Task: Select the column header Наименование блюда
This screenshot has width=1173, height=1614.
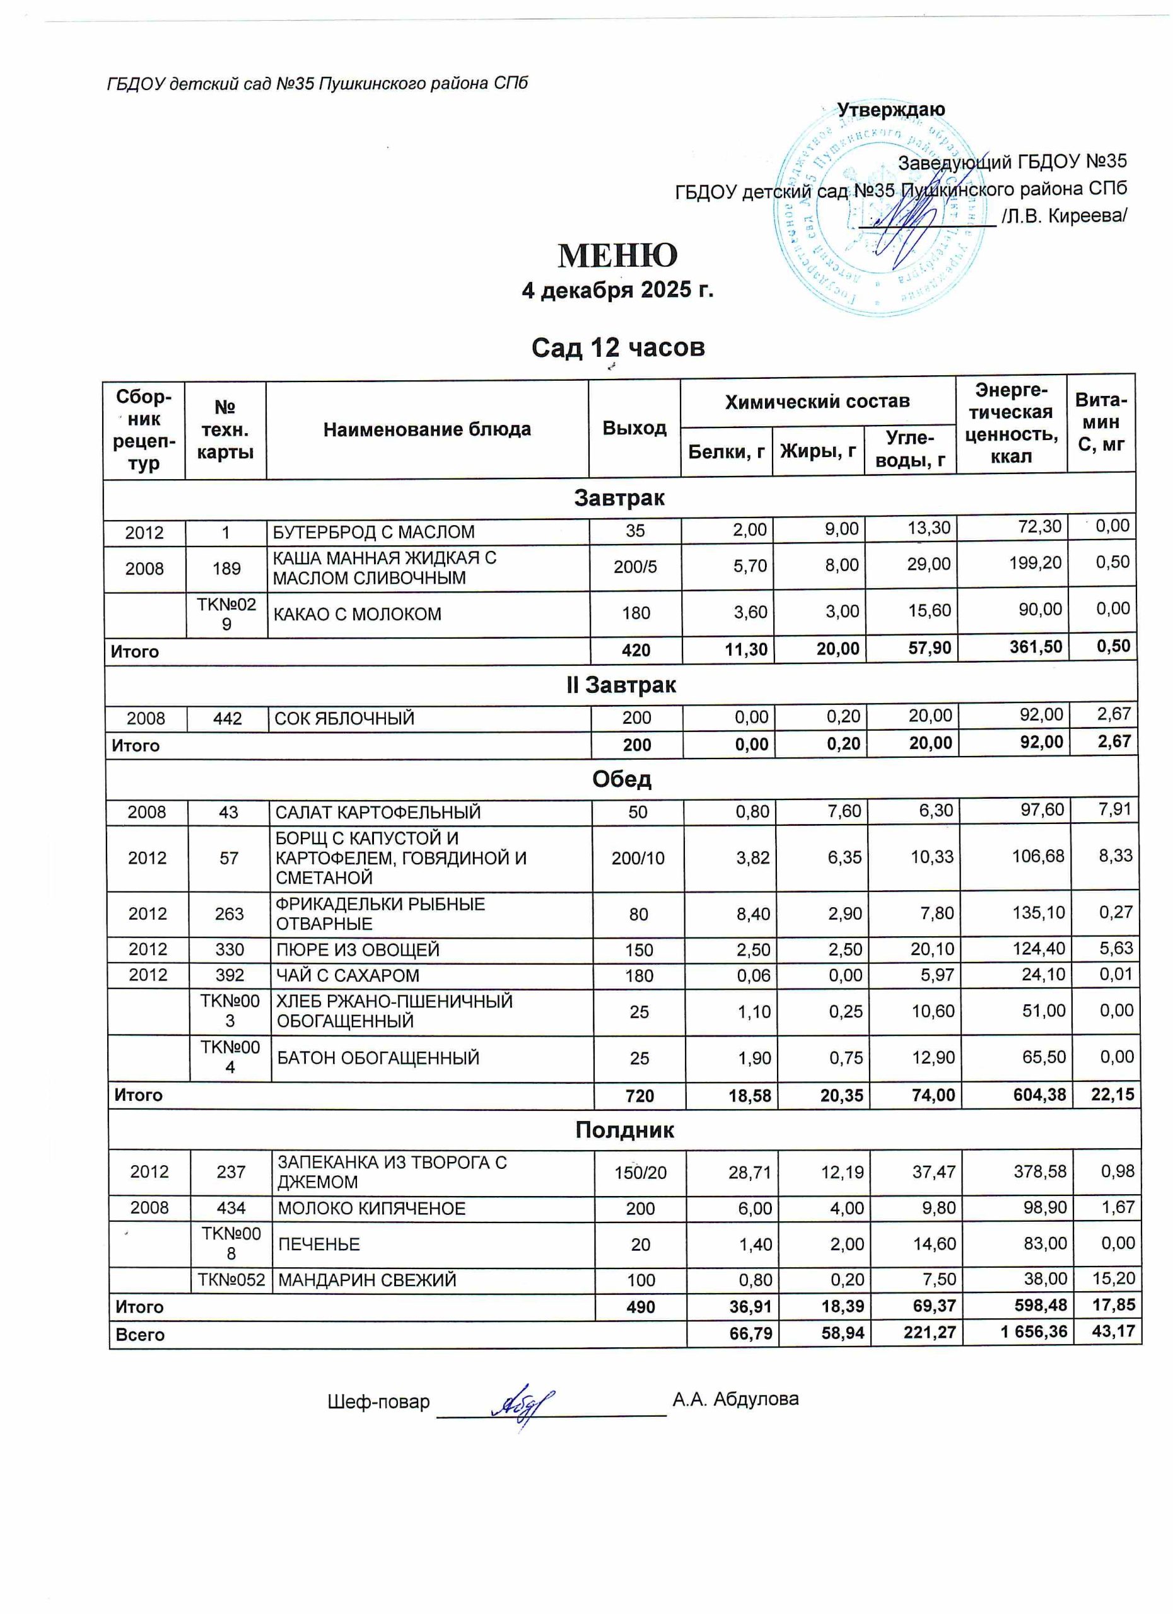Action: pos(427,429)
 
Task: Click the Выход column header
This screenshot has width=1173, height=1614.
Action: pos(634,427)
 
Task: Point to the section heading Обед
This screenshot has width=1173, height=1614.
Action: pos(621,779)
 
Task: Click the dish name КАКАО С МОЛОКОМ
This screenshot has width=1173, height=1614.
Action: pos(358,614)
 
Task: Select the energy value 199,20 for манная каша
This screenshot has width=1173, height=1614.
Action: pos(1034,563)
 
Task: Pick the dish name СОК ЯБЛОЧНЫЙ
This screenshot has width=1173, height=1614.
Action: pos(344,718)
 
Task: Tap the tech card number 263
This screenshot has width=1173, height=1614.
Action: pos(229,914)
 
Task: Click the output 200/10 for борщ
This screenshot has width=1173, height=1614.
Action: pos(638,858)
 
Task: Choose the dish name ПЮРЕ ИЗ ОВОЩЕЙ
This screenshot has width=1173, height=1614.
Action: pos(358,950)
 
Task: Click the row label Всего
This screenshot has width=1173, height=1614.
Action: pos(140,1335)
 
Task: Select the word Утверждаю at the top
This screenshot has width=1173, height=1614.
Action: pos(890,110)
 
